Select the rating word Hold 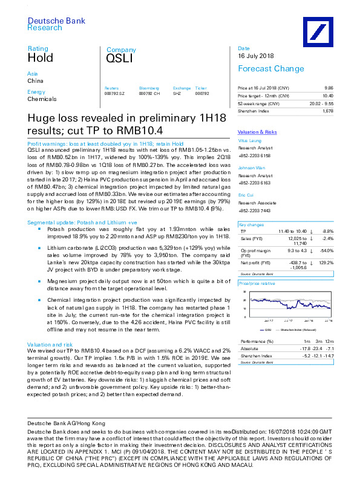(40, 58)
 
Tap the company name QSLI (119, 59)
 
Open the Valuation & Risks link (257, 131)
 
